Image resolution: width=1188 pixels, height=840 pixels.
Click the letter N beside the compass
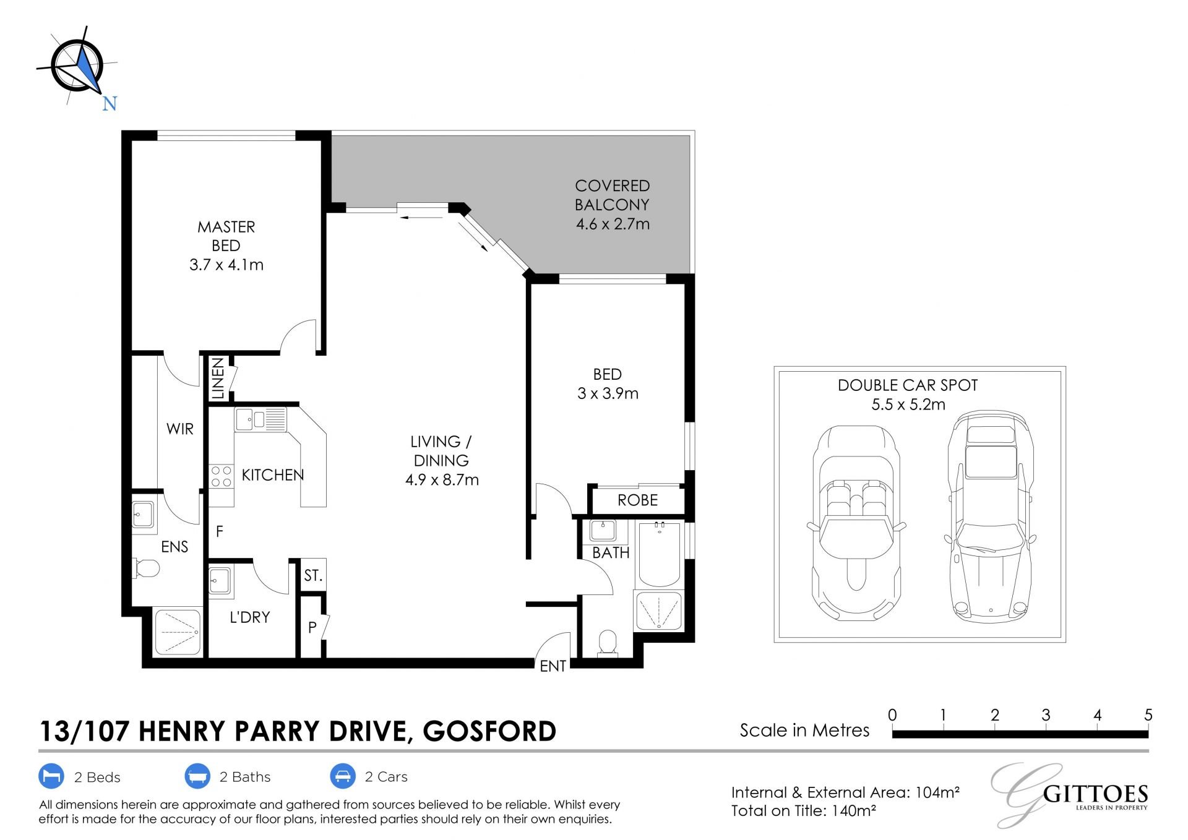110,103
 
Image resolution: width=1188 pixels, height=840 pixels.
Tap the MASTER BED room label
226,236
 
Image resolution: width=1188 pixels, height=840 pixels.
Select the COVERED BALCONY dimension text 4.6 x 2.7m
613,224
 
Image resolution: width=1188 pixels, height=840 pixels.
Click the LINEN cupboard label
218,378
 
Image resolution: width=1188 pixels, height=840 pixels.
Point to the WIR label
180,429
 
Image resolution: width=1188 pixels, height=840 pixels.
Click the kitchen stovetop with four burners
221,476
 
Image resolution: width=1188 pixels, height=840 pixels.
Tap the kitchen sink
260,419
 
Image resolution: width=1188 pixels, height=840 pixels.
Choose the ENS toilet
146,568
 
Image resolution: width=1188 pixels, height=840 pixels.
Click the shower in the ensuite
178,632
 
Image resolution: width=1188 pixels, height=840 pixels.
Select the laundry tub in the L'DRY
221,582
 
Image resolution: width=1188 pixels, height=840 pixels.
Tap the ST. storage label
313,576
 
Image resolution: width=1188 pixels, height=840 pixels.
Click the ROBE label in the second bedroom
637,500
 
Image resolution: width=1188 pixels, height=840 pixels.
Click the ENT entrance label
553,666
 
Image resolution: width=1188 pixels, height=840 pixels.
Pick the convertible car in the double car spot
856,523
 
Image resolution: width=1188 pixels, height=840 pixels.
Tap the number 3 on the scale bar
1046,715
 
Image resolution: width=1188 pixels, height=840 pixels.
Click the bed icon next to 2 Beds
51,776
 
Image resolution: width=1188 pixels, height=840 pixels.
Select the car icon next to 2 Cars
342,776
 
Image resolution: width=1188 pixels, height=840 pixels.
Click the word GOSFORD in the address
489,731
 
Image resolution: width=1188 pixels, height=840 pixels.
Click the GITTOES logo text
1095,794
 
